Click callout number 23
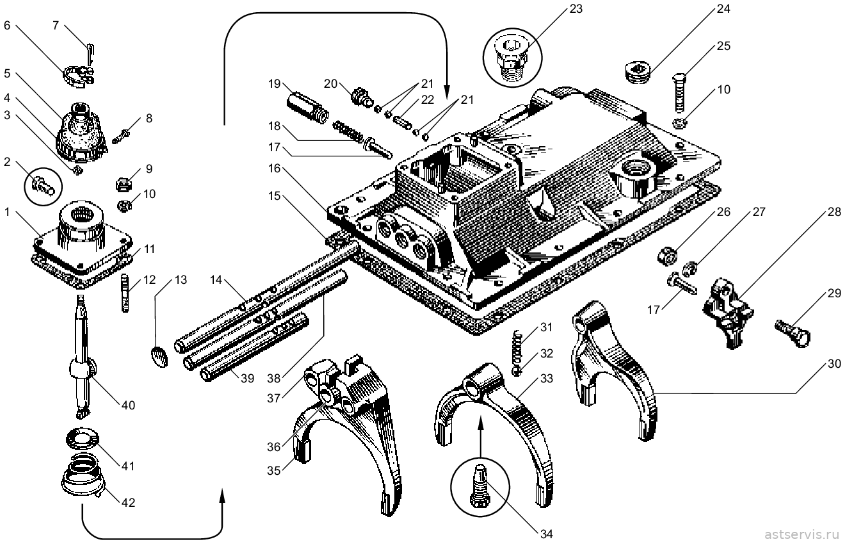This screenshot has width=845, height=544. [x=575, y=8]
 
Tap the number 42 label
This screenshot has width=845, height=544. [x=128, y=502]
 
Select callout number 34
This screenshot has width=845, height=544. [x=546, y=534]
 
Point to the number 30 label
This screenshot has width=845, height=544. [x=834, y=363]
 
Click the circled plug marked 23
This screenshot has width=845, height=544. [x=511, y=59]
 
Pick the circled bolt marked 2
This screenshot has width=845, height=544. [x=44, y=187]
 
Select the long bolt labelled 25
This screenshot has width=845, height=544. [x=679, y=92]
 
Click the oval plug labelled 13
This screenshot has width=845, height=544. [x=159, y=357]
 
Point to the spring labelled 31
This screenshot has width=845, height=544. [x=518, y=346]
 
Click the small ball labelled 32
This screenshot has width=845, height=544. [x=517, y=371]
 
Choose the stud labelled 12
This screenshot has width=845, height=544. [x=125, y=293]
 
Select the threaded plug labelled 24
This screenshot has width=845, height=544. [x=637, y=74]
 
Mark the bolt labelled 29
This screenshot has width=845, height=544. [x=793, y=333]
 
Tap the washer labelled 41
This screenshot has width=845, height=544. [x=82, y=439]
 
